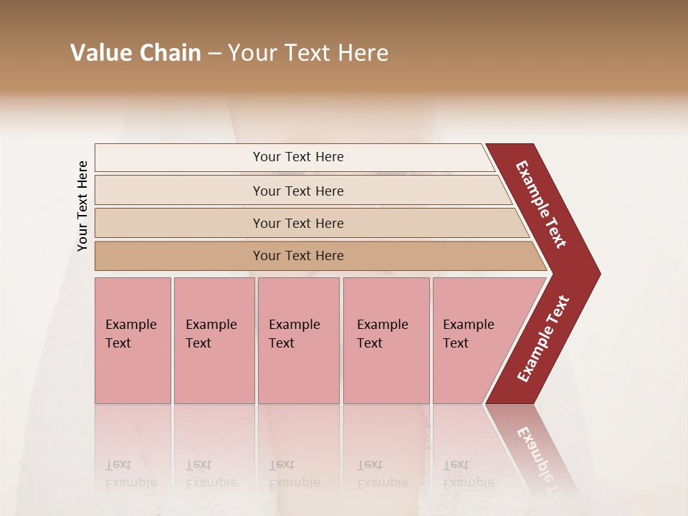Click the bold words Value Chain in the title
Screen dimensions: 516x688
pos(135,53)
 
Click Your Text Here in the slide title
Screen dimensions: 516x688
pos(308,53)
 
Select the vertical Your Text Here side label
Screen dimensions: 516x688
pos(82,206)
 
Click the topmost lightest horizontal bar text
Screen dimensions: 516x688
pos(298,157)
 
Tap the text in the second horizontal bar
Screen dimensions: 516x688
pos(298,191)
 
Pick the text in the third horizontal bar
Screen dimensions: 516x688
pos(298,224)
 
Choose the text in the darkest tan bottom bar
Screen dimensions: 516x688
pos(298,256)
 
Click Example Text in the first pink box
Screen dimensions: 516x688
pos(130,334)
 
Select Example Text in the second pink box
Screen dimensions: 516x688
pos(211,334)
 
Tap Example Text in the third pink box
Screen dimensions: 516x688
pos(294,334)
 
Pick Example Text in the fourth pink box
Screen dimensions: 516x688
pos(382,334)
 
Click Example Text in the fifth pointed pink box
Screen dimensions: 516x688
pos(468,334)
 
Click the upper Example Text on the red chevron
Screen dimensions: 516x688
pos(541,204)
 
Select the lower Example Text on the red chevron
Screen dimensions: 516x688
pos(543,339)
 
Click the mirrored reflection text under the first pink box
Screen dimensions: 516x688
pos(130,474)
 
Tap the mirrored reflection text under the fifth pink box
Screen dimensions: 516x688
pos(468,474)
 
